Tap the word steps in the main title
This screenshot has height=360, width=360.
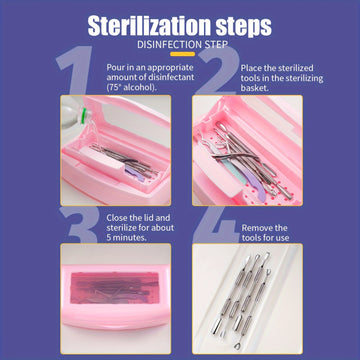click(244, 27)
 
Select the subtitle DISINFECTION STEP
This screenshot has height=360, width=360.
click(183, 45)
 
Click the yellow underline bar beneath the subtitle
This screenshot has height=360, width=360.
click(182, 54)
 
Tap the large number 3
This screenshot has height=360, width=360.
click(78, 225)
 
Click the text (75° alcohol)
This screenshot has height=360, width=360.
click(132, 88)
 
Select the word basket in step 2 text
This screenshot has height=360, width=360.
click(255, 88)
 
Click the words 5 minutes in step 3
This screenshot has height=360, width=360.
click(127, 238)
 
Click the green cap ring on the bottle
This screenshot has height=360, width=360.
click(83, 115)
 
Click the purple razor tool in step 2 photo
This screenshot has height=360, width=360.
click(253, 182)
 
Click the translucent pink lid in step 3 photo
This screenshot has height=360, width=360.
click(114, 287)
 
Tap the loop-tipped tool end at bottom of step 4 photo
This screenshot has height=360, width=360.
click(238, 346)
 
